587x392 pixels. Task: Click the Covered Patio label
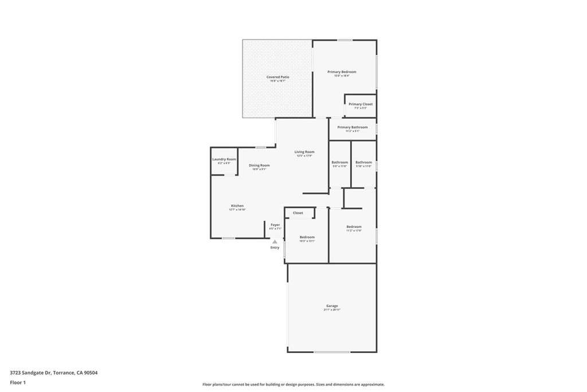pos(277,77)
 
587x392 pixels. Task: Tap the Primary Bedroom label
pos(342,72)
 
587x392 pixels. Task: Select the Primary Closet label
pos(361,104)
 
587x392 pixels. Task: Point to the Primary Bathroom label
pos(353,127)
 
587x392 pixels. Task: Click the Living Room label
pos(304,152)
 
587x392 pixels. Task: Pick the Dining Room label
pos(259,165)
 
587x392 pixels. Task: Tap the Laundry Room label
pos(224,159)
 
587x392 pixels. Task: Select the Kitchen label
pos(237,205)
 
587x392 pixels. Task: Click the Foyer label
pos(275,224)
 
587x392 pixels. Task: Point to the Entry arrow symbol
pos(275,242)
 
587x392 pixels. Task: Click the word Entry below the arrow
pos(275,247)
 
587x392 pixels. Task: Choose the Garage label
pos(332,306)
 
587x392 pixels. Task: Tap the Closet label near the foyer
pos(298,213)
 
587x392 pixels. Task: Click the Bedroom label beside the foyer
pos(307,237)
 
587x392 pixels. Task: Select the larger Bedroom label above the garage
pos(354,227)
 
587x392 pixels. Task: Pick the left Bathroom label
pos(340,162)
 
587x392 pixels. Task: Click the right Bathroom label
pos(363,162)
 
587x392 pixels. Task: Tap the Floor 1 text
pos(18,382)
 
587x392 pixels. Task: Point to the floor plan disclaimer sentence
pos(293,385)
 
